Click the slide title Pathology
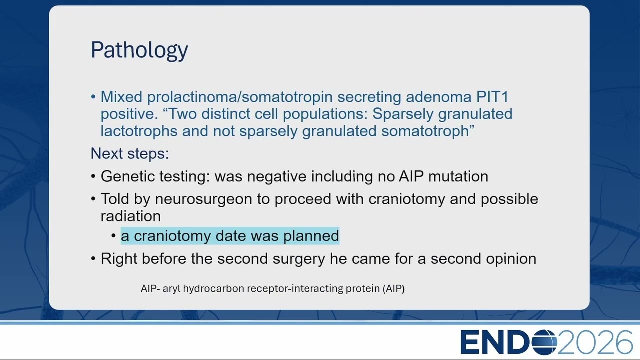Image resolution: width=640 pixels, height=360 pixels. coord(139,50)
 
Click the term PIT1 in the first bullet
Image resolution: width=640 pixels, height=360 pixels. coord(492,97)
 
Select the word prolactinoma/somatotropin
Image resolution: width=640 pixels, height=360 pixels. coord(240,97)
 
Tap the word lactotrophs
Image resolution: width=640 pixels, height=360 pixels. coord(139,131)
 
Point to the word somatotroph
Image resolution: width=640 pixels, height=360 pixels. coord(425,131)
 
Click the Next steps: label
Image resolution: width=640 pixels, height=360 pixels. coord(130,154)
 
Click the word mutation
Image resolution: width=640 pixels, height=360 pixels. coord(458,176)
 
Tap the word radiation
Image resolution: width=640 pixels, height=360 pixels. coord(131,216)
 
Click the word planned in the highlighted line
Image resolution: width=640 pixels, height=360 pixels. coord(311,236)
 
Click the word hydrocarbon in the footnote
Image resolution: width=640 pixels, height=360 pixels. coord(213,289)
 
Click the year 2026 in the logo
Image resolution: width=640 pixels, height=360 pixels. coord(595,342)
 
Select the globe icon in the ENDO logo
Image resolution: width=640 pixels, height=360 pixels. coord(544,342)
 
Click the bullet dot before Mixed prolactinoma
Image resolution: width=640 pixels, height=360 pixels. coord(93,97)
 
